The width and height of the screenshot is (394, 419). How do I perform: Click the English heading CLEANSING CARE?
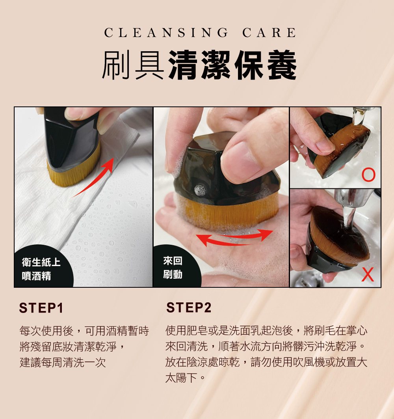tap(200, 33)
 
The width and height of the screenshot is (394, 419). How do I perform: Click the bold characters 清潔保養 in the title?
tap(232, 65)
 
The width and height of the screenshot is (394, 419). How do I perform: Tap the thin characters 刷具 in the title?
tap(133, 65)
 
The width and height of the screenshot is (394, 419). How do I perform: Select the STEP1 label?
tap(41, 308)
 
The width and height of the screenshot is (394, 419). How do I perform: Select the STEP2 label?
tap(189, 307)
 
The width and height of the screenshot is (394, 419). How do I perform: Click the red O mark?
tap(369, 175)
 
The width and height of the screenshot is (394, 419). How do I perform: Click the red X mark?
tap(368, 275)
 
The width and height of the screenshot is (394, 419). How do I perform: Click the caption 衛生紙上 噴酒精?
tap(41, 269)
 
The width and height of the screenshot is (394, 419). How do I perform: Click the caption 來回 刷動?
tap(173, 268)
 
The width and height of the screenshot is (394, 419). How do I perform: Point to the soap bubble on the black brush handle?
tap(200, 190)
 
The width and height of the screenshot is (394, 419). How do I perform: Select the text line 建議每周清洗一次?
tap(63, 362)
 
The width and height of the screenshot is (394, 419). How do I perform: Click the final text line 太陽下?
tap(185, 378)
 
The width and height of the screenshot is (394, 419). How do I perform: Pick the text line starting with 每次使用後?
tap(84, 331)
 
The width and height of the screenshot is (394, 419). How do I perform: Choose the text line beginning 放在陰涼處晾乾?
tap(266, 362)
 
